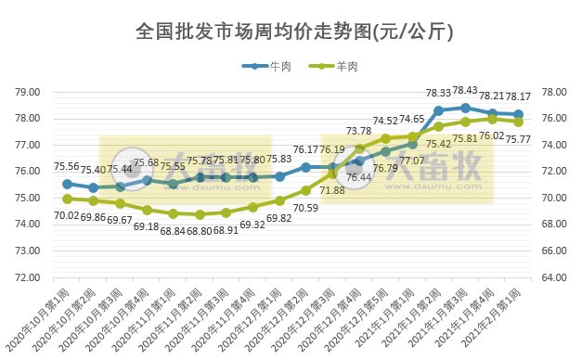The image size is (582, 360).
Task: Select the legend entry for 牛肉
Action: pyautogui.click(x=269, y=66)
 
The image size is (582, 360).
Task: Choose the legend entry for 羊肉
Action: pyautogui.click(x=332, y=66)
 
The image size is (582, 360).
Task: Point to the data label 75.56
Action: pyautogui.click(x=66, y=167)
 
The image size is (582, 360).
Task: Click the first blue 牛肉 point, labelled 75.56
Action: pyautogui.click(x=67, y=184)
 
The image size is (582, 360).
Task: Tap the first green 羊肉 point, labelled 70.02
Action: pyautogui.click(x=67, y=199)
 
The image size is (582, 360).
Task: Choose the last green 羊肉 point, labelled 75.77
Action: pyautogui.click(x=518, y=122)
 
